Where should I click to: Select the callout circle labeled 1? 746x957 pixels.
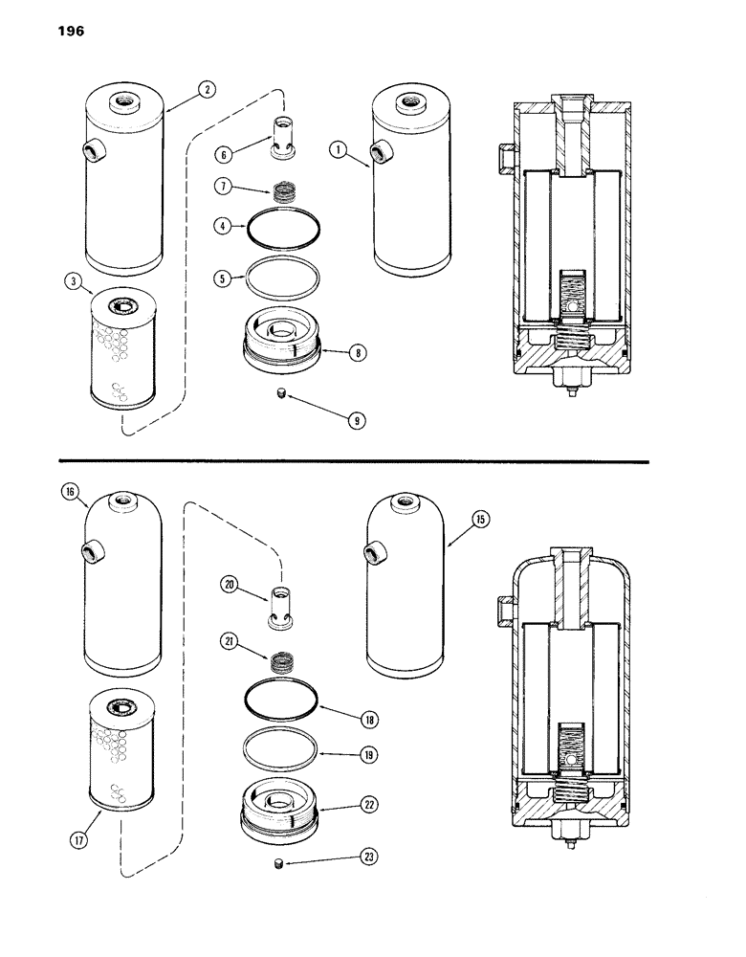coord(338,147)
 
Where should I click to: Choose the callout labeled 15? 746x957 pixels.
coord(479,519)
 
